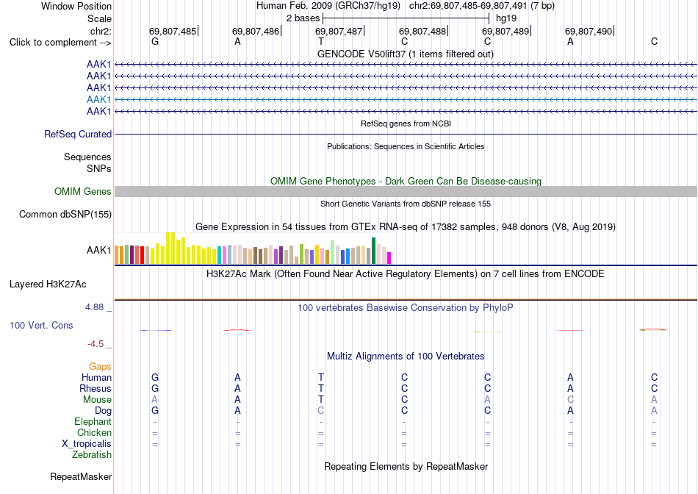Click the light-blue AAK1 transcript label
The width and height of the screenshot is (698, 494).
[99, 99]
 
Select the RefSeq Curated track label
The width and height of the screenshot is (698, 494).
[78, 134]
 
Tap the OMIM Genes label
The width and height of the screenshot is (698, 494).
[83, 192]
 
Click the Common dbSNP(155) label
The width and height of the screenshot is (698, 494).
[65, 214]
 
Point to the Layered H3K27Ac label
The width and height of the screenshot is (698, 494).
[48, 284]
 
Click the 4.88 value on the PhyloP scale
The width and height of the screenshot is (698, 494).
[94, 307]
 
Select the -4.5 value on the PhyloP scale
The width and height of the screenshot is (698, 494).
[96, 344]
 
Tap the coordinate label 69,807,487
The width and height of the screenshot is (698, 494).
[339, 31]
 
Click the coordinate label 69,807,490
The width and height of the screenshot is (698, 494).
[589, 31]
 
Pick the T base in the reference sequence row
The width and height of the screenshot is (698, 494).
[321, 41]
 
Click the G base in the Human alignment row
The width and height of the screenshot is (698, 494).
[155, 377]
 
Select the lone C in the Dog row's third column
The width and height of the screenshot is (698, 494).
[321, 410]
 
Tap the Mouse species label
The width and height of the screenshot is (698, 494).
[97, 400]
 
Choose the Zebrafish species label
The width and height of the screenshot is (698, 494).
[92, 455]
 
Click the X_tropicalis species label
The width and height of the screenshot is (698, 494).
[87, 444]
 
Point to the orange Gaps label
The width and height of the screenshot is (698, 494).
[100, 366]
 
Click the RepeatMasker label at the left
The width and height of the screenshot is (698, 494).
[81, 476]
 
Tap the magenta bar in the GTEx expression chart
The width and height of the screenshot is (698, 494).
[389, 258]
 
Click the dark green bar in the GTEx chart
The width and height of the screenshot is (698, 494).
[374, 251]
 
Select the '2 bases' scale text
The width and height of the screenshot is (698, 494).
[303, 18]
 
